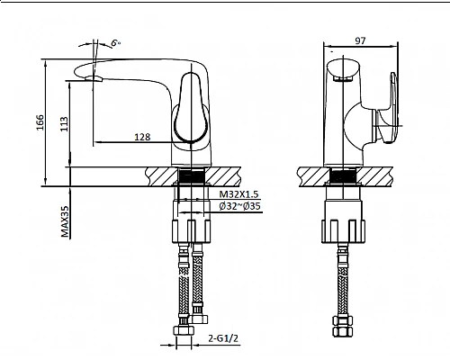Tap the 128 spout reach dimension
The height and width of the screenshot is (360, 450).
pyautogui.click(x=142, y=136)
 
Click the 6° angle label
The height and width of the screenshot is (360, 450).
pyautogui.click(x=116, y=42)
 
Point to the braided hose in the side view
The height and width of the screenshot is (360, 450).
pyautogui.click(x=342, y=279)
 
